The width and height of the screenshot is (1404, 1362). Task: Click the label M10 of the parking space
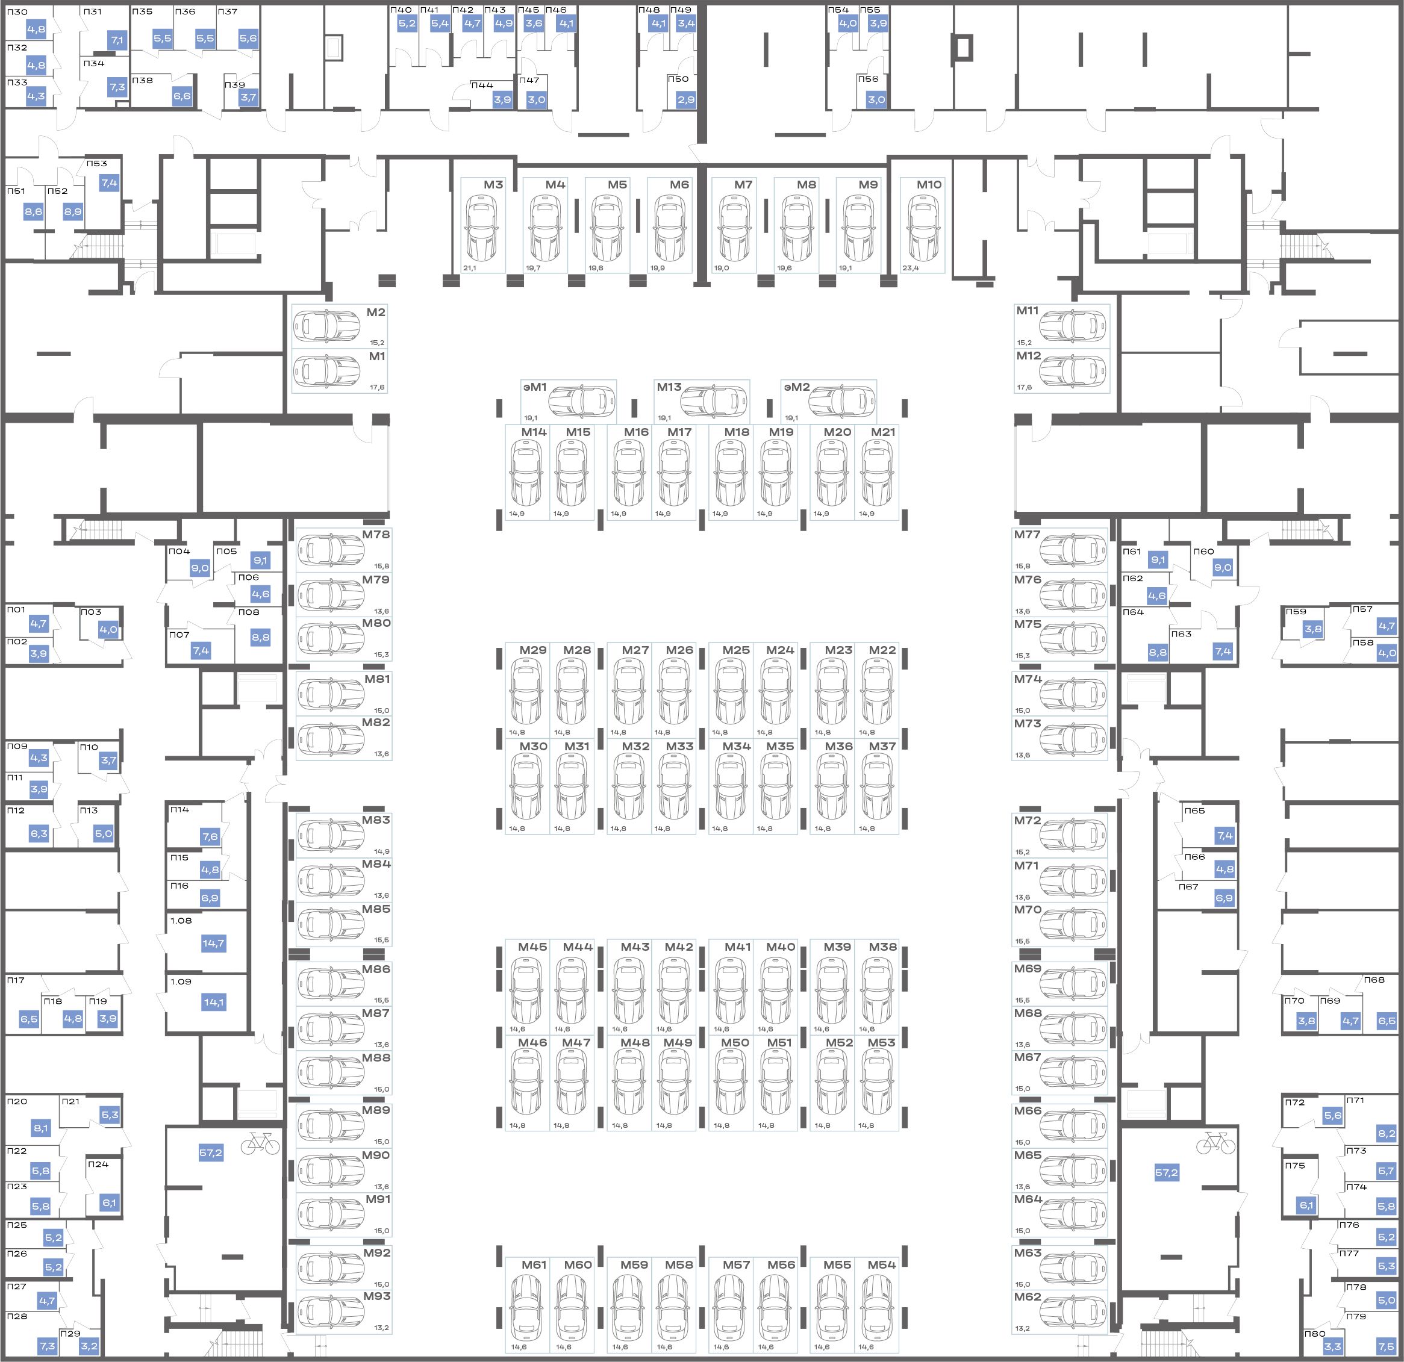click(929, 185)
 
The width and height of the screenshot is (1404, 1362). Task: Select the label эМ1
click(534, 387)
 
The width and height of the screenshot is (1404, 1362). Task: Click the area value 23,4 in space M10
click(911, 269)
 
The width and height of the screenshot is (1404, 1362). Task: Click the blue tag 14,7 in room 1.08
click(213, 943)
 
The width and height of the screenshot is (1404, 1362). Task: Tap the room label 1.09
click(181, 981)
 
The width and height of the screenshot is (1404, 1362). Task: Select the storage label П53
click(97, 163)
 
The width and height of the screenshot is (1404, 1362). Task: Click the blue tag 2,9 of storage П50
click(686, 99)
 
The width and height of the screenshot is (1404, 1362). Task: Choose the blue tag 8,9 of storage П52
click(72, 212)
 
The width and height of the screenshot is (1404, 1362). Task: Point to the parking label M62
click(1027, 1316)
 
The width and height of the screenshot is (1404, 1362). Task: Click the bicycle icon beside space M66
click(1215, 1143)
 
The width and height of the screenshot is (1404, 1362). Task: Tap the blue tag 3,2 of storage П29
click(89, 1346)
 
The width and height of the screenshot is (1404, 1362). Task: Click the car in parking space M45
click(526, 992)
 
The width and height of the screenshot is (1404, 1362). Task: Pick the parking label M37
click(882, 746)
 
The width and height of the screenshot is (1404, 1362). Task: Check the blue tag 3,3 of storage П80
click(1332, 1347)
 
